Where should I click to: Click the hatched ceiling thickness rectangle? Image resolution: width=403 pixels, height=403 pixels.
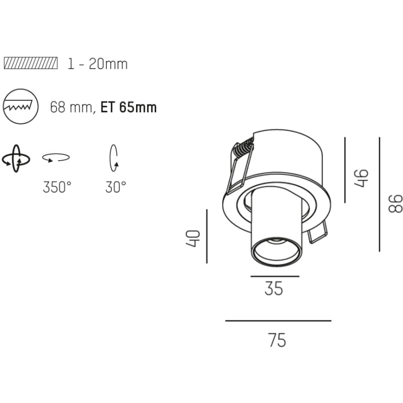[x=31, y=63]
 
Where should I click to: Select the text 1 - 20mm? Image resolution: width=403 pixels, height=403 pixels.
[x=98, y=64]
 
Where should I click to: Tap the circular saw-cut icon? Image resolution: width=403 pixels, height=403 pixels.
[x=21, y=106]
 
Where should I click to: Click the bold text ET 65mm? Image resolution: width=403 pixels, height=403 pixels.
[x=128, y=107]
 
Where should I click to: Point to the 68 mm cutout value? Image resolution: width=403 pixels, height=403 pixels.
[x=71, y=107]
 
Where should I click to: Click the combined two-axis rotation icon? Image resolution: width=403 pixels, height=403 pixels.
[x=16, y=158]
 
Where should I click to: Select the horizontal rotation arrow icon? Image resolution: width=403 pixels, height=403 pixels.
[x=56, y=157]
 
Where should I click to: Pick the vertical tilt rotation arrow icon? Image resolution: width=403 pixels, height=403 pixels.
[x=113, y=158]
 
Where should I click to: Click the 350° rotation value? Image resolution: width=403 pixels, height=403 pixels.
[x=57, y=187]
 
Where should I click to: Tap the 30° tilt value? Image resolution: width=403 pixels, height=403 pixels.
[x=116, y=187]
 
